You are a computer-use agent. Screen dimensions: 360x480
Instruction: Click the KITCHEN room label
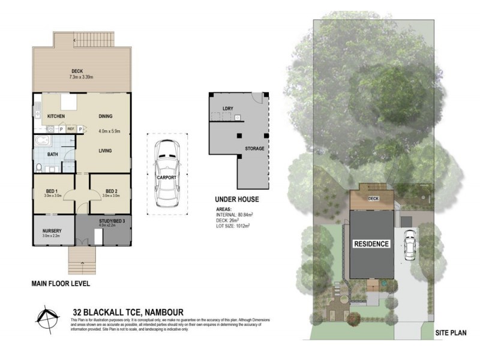56,116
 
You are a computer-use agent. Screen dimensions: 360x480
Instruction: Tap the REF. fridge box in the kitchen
71,129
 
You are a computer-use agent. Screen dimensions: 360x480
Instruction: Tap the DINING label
106,116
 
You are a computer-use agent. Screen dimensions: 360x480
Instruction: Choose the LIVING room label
106,151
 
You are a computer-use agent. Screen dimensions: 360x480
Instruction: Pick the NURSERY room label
52,231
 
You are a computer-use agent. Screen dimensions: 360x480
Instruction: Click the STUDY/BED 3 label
112,221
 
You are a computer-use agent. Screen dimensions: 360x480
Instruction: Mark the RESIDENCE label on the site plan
371,244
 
